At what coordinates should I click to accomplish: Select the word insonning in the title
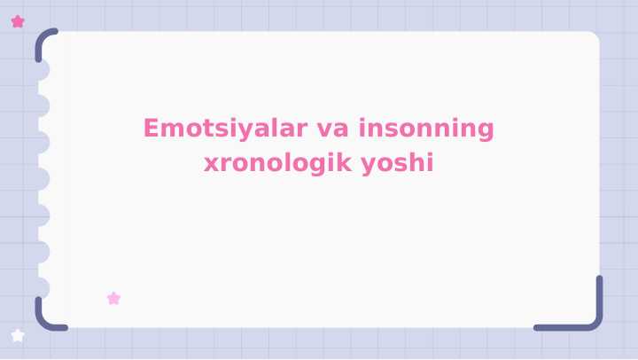(x=426, y=129)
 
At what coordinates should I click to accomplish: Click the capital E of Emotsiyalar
(x=152, y=129)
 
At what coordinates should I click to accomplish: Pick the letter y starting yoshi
(x=370, y=166)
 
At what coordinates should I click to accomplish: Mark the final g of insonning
(x=486, y=131)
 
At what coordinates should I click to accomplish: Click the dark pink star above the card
(x=18, y=21)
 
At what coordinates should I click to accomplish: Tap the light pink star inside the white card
(x=113, y=299)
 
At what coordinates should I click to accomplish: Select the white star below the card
(x=18, y=335)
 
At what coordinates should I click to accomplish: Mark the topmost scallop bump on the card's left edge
(x=43, y=70)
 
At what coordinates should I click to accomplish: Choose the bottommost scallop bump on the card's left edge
(x=43, y=287)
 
